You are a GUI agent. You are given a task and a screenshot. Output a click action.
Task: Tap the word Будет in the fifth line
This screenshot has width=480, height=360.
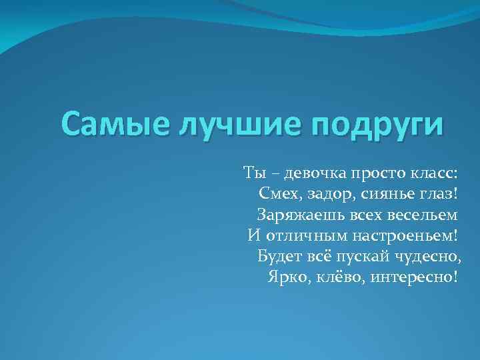(277, 256)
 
